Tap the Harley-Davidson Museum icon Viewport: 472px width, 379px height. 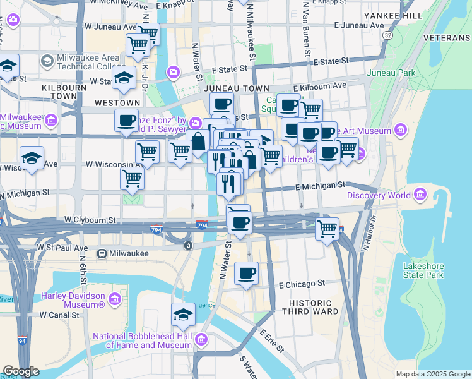click(114, 298)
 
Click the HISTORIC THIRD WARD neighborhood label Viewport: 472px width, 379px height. click(315, 308)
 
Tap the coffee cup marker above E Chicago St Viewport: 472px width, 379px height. click(246, 274)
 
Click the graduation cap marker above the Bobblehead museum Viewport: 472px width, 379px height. click(183, 315)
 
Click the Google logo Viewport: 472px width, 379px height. click(21, 371)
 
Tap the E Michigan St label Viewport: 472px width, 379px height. click(321, 186)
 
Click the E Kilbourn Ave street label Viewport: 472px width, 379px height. click(319, 86)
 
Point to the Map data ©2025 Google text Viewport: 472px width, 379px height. click(432, 374)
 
